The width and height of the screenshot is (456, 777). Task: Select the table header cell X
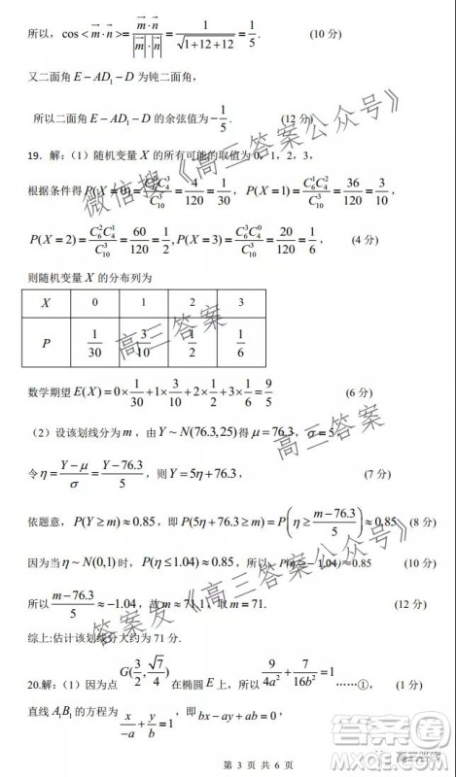coord(45,302)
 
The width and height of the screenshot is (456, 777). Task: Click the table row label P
coord(45,344)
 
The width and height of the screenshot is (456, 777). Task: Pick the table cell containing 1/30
coord(94,344)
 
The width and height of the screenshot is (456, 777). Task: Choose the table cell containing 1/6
coord(240,344)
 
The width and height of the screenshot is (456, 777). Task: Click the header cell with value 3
coord(240,302)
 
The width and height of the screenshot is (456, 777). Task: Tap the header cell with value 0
coord(94,302)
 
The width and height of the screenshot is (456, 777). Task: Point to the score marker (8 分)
coord(416,523)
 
